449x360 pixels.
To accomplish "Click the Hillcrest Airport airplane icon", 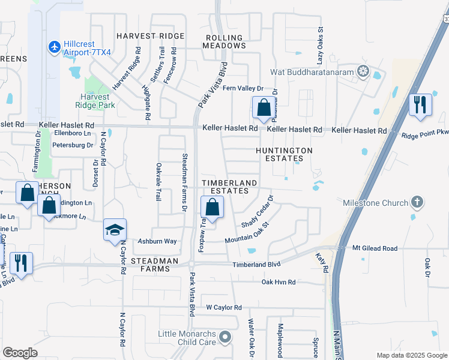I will [54, 46].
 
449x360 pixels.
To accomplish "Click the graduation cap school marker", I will [115, 230].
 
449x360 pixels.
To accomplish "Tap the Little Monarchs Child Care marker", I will [225, 337].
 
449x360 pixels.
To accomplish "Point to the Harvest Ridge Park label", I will [96, 100].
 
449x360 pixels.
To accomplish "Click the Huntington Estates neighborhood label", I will [284, 154].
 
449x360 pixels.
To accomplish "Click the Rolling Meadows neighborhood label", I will [225, 41].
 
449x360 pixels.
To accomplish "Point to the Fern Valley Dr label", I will [243, 88].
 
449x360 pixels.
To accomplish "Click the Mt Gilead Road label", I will [375, 248].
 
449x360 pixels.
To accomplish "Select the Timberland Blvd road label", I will [257, 264].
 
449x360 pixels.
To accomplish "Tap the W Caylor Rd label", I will [223, 307].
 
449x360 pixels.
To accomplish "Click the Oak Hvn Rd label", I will [279, 281].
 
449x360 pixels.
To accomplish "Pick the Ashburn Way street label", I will [158, 241].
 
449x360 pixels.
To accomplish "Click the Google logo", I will [20, 352].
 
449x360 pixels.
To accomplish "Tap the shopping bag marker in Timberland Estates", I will [212, 208].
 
